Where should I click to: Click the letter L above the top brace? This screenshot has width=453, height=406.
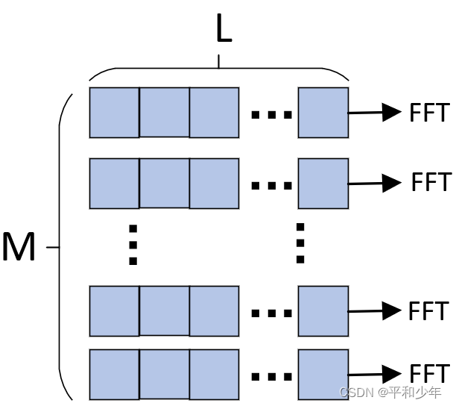pyautogui.click(x=223, y=30)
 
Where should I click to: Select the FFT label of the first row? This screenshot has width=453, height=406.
pyautogui.click(x=429, y=113)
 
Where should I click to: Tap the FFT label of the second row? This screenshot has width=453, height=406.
pyautogui.click(x=431, y=182)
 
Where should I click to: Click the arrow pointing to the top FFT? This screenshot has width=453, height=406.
pyautogui.click(x=376, y=113)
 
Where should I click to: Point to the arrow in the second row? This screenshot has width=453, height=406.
pyautogui.click(x=376, y=183)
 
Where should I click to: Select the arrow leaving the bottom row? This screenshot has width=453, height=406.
pyautogui.click(x=376, y=374)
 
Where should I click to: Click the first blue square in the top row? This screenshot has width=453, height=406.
pyautogui.click(x=114, y=113)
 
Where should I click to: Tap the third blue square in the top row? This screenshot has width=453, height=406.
pyautogui.click(x=214, y=113)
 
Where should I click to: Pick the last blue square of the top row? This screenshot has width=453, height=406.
pyautogui.click(x=323, y=113)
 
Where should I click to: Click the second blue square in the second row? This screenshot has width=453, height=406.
pyautogui.click(x=164, y=183)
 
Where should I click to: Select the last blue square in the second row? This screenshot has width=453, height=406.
pyautogui.click(x=323, y=183)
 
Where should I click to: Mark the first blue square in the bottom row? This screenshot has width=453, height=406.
pyautogui.click(x=114, y=374)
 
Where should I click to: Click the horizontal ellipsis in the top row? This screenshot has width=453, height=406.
pyautogui.click(x=271, y=115)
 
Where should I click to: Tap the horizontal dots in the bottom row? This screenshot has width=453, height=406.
pyautogui.click(x=271, y=376)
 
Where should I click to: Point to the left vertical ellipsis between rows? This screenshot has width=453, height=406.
pyautogui.click(x=133, y=244)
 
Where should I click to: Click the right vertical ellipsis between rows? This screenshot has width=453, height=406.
pyautogui.click(x=300, y=243)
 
